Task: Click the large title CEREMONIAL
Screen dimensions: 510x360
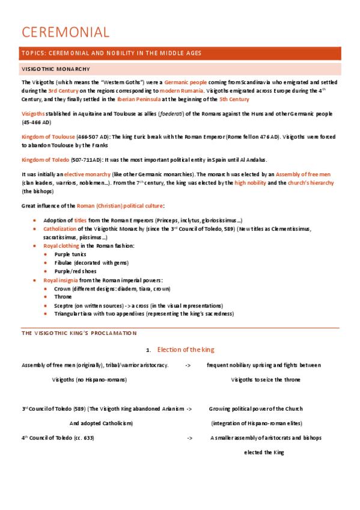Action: [x=65, y=32]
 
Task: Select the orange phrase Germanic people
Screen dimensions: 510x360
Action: [x=186, y=82]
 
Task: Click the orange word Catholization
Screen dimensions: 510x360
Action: [x=59, y=229]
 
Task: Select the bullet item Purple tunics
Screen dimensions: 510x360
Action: [x=70, y=254]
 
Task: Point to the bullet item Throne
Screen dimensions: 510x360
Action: [x=63, y=297]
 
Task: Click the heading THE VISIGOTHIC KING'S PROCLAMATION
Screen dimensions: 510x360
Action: [x=79, y=333]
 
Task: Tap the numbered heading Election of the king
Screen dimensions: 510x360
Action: [x=186, y=350]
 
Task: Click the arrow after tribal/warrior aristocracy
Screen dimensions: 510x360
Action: [x=188, y=365]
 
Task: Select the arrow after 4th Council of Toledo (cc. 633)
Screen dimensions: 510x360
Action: [x=189, y=438]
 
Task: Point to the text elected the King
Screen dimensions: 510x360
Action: [x=264, y=452]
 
